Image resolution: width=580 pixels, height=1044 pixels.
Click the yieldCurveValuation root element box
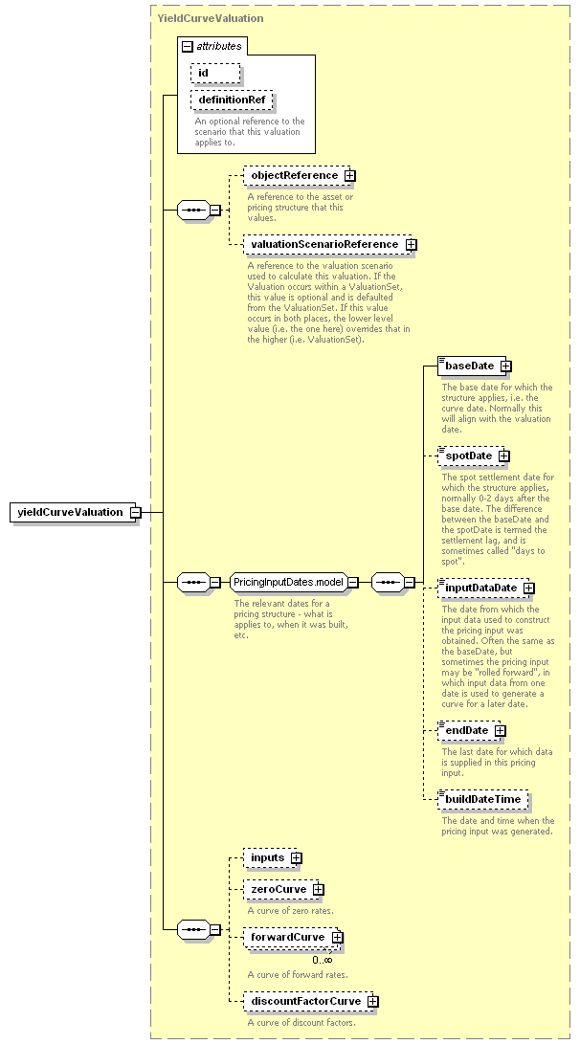pos(73,512)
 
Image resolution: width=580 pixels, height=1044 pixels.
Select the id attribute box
pos(215,73)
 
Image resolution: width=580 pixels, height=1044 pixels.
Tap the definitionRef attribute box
pos(232,100)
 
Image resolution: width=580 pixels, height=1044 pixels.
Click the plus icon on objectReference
pos(350,176)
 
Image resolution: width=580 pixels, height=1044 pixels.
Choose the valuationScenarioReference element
pos(329,244)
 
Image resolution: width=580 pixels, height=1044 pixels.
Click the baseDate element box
pos(475,366)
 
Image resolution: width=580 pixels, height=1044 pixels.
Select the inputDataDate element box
pos(485,588)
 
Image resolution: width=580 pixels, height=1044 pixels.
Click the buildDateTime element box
pos(483,799)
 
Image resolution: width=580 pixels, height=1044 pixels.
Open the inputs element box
pos(273,857)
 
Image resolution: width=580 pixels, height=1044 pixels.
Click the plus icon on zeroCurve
pos(319,890)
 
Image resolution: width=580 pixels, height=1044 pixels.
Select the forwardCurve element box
pos(293,938)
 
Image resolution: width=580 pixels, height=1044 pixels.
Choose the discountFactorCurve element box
pos(310,1001)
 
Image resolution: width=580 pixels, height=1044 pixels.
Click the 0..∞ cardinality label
pos(323,960)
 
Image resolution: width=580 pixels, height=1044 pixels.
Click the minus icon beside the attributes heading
pos(188,47)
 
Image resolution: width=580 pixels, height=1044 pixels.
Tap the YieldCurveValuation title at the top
pos(211,18)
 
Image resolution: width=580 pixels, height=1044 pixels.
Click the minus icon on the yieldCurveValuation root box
pos(136,512)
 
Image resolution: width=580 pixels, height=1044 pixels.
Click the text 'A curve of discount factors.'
pos(301,1022)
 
